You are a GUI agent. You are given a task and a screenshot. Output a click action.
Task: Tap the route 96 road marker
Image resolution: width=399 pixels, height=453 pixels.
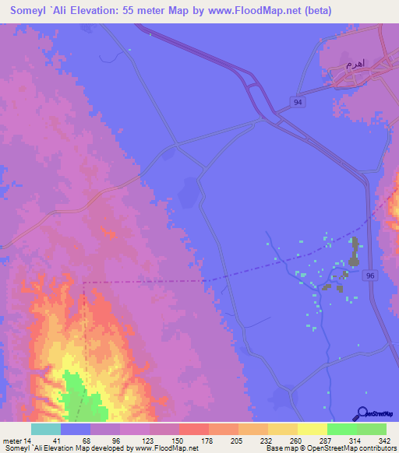pos(371,276)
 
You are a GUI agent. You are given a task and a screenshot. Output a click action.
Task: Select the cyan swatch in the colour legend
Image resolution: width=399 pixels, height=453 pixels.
pos(46,430)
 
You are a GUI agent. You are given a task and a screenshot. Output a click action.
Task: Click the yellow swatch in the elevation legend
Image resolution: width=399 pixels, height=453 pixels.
pos(312,430)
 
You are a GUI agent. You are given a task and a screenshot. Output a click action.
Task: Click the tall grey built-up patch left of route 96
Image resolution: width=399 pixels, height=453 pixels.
pos(355,252)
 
